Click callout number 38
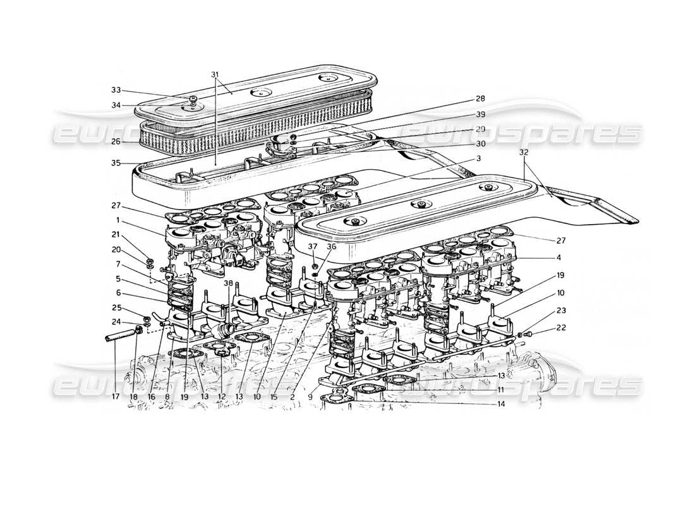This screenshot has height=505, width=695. coord(229,283)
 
